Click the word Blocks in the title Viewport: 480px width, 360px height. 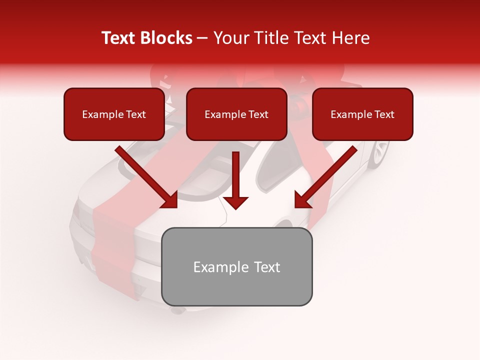coord(166,38)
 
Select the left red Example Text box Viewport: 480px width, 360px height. coord(114,114)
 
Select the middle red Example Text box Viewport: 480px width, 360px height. coord(236,114)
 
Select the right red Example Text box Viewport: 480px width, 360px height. coord(362,114)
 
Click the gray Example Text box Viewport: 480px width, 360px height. coord(236,266)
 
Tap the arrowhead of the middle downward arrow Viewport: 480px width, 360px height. coord(235,202)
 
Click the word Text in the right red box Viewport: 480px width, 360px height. coord(384,114)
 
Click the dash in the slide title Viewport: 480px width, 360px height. coord(202,38)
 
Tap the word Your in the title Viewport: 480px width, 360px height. coord(230,38)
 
